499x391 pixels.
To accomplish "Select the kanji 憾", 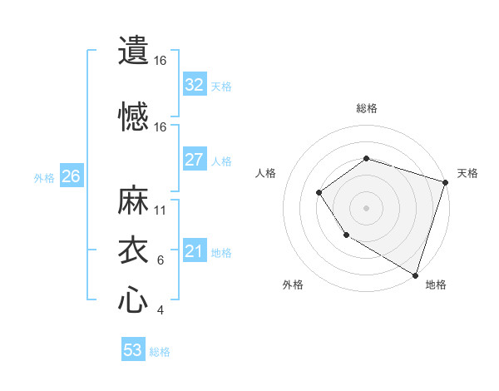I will point(133,117).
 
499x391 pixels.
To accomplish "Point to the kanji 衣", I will point(133,250).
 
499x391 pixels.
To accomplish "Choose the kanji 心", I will point(133,300).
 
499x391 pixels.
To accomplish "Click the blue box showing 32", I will point(194,85).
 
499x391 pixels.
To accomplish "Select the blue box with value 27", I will point(194,160).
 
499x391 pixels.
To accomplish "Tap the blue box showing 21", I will point(194,251).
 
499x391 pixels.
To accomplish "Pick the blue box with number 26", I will point(71,176).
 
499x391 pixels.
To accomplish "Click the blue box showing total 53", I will point(133,350).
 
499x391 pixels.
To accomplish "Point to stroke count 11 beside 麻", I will point(161,210).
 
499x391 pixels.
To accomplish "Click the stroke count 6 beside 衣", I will point(161,260).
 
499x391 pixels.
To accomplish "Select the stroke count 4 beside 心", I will point(161,310).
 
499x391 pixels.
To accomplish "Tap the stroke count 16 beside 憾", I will point(161,127).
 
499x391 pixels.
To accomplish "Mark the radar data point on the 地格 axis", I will point(415,275).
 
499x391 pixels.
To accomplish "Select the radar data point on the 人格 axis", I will point(319,193).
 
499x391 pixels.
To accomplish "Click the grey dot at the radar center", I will point(366,208).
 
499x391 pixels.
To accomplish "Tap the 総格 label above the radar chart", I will point(366,108).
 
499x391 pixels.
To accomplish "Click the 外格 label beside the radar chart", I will point(293,285).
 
